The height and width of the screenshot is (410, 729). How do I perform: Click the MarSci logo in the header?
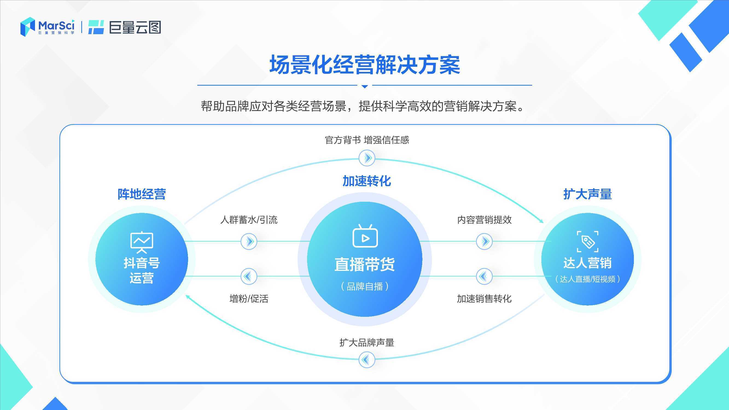48,27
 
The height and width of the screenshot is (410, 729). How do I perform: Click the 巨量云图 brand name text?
135,27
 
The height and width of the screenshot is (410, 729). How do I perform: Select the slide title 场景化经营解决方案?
364,65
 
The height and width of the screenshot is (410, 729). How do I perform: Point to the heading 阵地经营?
141,194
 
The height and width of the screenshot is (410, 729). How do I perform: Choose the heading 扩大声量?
588,194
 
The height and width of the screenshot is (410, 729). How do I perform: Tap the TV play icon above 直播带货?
365,236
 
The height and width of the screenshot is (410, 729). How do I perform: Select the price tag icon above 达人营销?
588,241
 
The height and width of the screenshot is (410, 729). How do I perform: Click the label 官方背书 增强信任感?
367,140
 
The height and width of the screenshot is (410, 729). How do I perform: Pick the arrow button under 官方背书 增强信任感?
367,158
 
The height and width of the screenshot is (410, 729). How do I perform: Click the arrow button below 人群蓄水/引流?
249,241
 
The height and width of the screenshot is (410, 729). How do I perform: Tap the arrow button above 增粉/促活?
249,276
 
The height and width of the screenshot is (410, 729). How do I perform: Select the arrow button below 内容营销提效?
484,241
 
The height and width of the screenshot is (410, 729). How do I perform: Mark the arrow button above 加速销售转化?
484,276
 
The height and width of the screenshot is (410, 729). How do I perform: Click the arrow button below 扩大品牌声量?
367,360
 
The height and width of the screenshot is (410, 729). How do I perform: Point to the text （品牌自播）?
365,286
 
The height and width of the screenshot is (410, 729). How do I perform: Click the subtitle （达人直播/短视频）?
588,279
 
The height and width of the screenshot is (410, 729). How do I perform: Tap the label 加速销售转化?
484,298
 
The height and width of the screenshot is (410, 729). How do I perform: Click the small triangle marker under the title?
365,86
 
